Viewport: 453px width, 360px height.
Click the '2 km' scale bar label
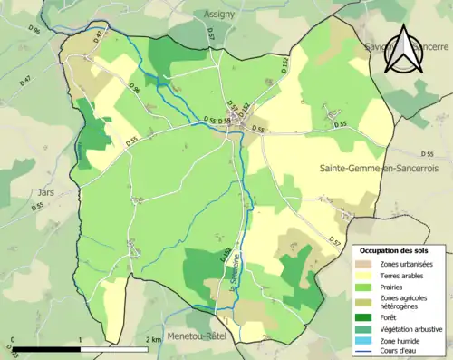pyautogui.click(x=154, y=339)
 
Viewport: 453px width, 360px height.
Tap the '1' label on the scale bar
pyautogui.click(x=82, y=339)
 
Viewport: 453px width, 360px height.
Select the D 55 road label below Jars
pyautogui.click(x=37, y=208)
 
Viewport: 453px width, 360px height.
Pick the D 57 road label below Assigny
pyautogui.click(x=209, y=36)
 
